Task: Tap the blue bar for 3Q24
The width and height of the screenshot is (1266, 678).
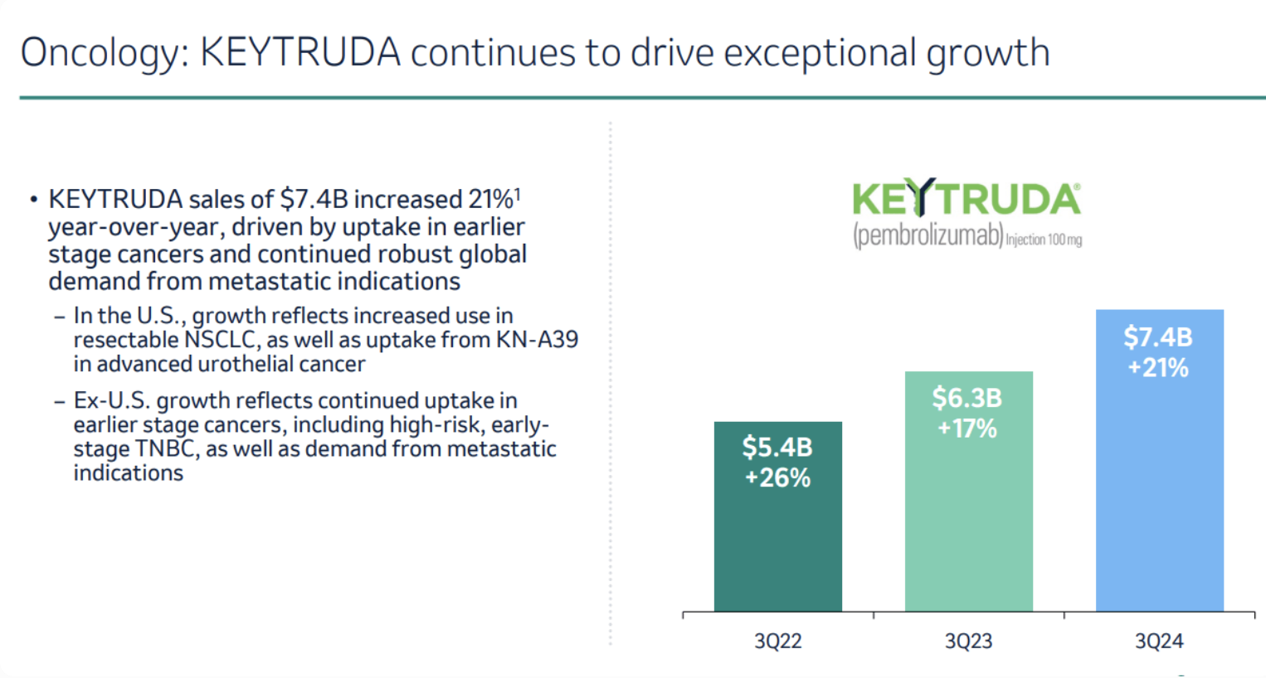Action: pos(1159,497)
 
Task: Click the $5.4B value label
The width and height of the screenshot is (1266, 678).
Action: pos(777,448)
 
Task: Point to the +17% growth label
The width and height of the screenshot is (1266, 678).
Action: pos(967,429)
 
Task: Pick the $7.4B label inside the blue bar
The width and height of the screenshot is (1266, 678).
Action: pos(1158,337)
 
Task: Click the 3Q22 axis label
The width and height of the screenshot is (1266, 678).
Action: pos(777,641)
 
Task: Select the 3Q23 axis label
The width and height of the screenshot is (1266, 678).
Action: pos(968,641)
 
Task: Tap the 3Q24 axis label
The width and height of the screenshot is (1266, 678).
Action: pos(1159,641)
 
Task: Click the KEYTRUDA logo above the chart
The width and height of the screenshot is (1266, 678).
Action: pos(967,199)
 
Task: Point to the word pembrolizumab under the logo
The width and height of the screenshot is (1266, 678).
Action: pos(928,235)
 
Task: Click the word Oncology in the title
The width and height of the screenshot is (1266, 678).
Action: pos(100,53)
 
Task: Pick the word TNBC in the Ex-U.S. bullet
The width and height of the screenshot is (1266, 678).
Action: pos(167,449)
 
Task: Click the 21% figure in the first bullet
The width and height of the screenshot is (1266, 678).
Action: pos(490,200)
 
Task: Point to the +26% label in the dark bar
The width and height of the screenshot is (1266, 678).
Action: pos(777,478)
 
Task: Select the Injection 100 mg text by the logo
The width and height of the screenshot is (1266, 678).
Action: pos(1044,240)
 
